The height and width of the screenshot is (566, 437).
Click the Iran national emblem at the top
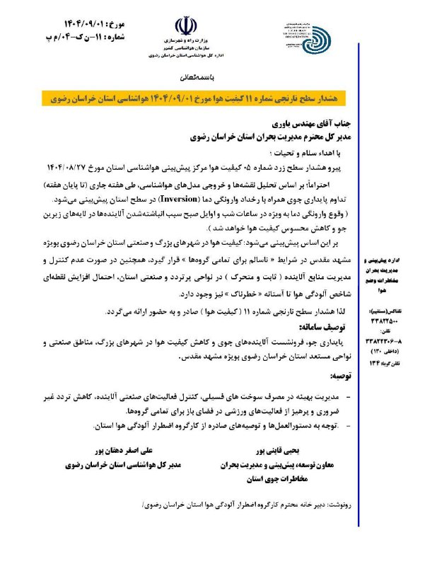[185, 28]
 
